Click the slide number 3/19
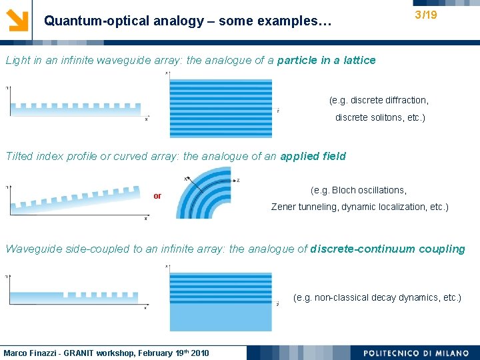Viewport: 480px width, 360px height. (x=425, y=14)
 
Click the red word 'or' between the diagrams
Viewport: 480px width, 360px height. (x=157, y=196)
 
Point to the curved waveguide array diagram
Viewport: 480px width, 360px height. (x=206, y=194)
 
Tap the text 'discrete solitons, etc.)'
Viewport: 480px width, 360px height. (x=379, y=118)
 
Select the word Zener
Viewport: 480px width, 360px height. (x=283, y=207)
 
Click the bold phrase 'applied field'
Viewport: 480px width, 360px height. (x=313, y=157)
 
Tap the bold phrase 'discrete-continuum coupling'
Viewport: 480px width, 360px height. (x=387, y=249)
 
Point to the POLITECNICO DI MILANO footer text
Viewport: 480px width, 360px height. (x=416, y=353)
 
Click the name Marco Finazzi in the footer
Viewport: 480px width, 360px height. (x=31, y=353)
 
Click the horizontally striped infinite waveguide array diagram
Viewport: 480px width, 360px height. (x=221, y=99)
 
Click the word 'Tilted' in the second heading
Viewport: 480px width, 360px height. (x=20, y=157)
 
